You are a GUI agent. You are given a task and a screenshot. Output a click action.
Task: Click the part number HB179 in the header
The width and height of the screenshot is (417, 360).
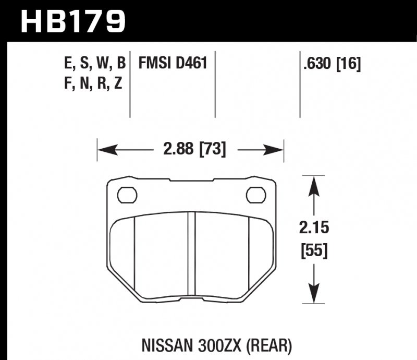coord(73,21)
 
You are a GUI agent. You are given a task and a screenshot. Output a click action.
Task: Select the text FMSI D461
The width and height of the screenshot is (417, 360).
coord(173,64)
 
